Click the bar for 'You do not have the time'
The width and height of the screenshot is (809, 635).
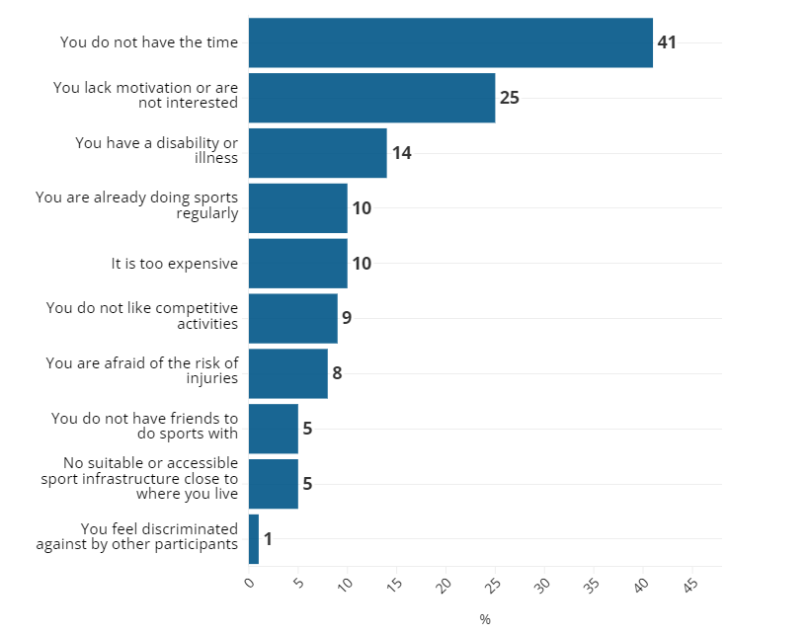pos(450,42)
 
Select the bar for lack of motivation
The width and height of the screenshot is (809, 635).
pos(371,98)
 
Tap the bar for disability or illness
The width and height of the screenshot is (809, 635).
pos(317,153)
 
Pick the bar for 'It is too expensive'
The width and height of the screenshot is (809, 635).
pos(297,264)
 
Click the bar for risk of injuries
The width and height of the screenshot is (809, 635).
pos(287,373)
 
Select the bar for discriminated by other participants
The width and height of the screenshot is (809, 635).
pos(254,539)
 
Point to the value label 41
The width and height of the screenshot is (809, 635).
pos(667,42)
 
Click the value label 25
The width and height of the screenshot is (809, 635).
pos(509,98)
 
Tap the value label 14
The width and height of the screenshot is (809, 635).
pos(401,153)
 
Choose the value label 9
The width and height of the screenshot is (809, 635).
pos(347,318)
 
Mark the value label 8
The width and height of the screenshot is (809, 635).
pos(337,373)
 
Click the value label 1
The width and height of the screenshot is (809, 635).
pos(268,539)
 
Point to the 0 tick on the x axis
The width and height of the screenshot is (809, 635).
pos(250,584)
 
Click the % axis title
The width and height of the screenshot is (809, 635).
pos(485,619)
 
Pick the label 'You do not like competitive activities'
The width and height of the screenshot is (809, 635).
pos(142,315)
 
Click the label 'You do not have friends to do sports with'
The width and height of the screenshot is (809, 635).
pos(145,426)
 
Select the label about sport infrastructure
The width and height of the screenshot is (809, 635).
pos(139,478)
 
